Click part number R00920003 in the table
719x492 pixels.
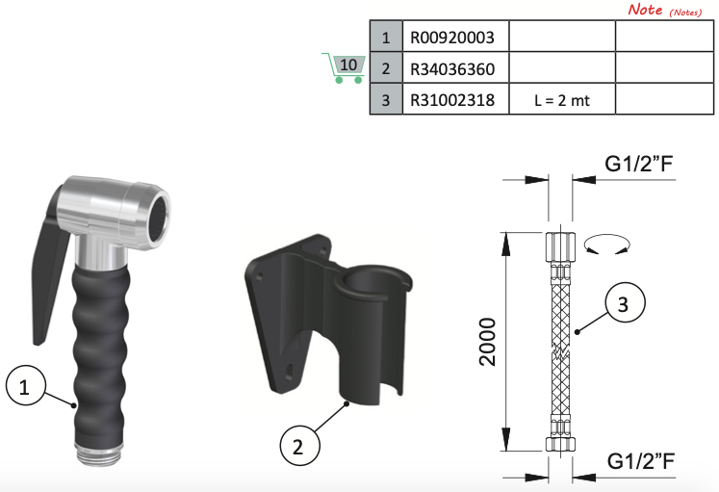[x=452, y=38]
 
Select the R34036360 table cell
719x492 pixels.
[x=456, y=67]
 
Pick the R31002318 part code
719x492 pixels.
[x=452, y=100]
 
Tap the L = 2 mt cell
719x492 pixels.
[x=562, y=99]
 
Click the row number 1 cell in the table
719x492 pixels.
[x=386, y=37]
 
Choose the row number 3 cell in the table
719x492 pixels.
[x=386, y=99]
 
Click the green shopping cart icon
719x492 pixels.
[x=344, y=68]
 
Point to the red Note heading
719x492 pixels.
[x=645, y=10]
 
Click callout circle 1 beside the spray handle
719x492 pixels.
[x=26, y=385]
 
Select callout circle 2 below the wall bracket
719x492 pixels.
[x=300, y=445]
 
